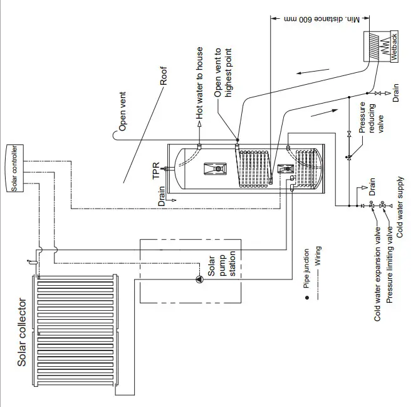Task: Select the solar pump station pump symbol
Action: [199, 279]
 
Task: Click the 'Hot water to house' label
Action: [200, 82]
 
